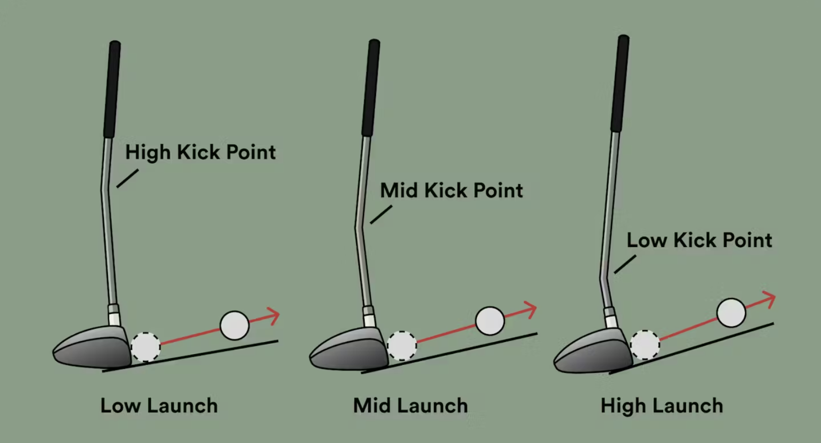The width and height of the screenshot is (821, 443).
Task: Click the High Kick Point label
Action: pos(200,152)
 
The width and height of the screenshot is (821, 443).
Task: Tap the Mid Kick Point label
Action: pos(451,190)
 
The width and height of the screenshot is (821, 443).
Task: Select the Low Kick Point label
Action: pos(699,240)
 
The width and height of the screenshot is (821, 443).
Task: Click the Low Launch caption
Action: pos(159,405)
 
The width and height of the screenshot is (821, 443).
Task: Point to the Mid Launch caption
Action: pos(410,405)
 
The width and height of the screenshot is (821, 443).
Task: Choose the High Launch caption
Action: pos(661,405)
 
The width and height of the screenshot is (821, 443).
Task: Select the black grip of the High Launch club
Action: pos(620,82)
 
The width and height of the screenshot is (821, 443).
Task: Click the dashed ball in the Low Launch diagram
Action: pos(145,346)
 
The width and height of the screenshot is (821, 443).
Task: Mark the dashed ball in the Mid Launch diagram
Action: pos(401,345)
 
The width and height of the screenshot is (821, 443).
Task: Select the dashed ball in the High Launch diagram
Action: pos(644,344)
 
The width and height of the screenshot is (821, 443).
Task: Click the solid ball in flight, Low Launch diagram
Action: pos(234,325)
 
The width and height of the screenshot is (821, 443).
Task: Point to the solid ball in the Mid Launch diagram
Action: pos(489,321)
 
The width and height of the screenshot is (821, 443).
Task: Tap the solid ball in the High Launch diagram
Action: pos(731,312)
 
